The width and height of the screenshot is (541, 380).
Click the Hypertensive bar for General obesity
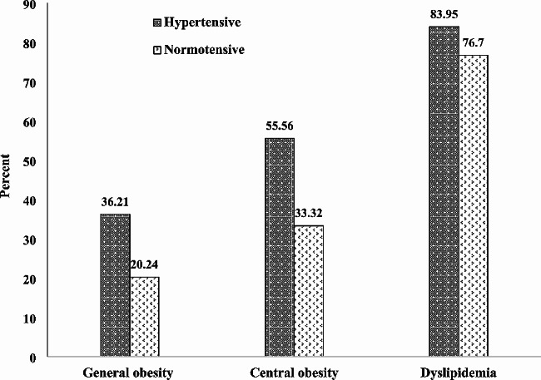[115, 286]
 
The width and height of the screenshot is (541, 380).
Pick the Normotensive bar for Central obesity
[309, 292]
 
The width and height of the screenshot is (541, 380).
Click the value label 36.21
[115, 202]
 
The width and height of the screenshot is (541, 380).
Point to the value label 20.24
[146, 265]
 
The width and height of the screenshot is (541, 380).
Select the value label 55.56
[279, 126]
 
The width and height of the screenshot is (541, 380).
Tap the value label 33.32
[310, 214]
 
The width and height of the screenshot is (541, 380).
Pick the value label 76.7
[476, 43]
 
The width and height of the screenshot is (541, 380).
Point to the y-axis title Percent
[7, 179]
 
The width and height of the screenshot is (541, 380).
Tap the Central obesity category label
[292, 372]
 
